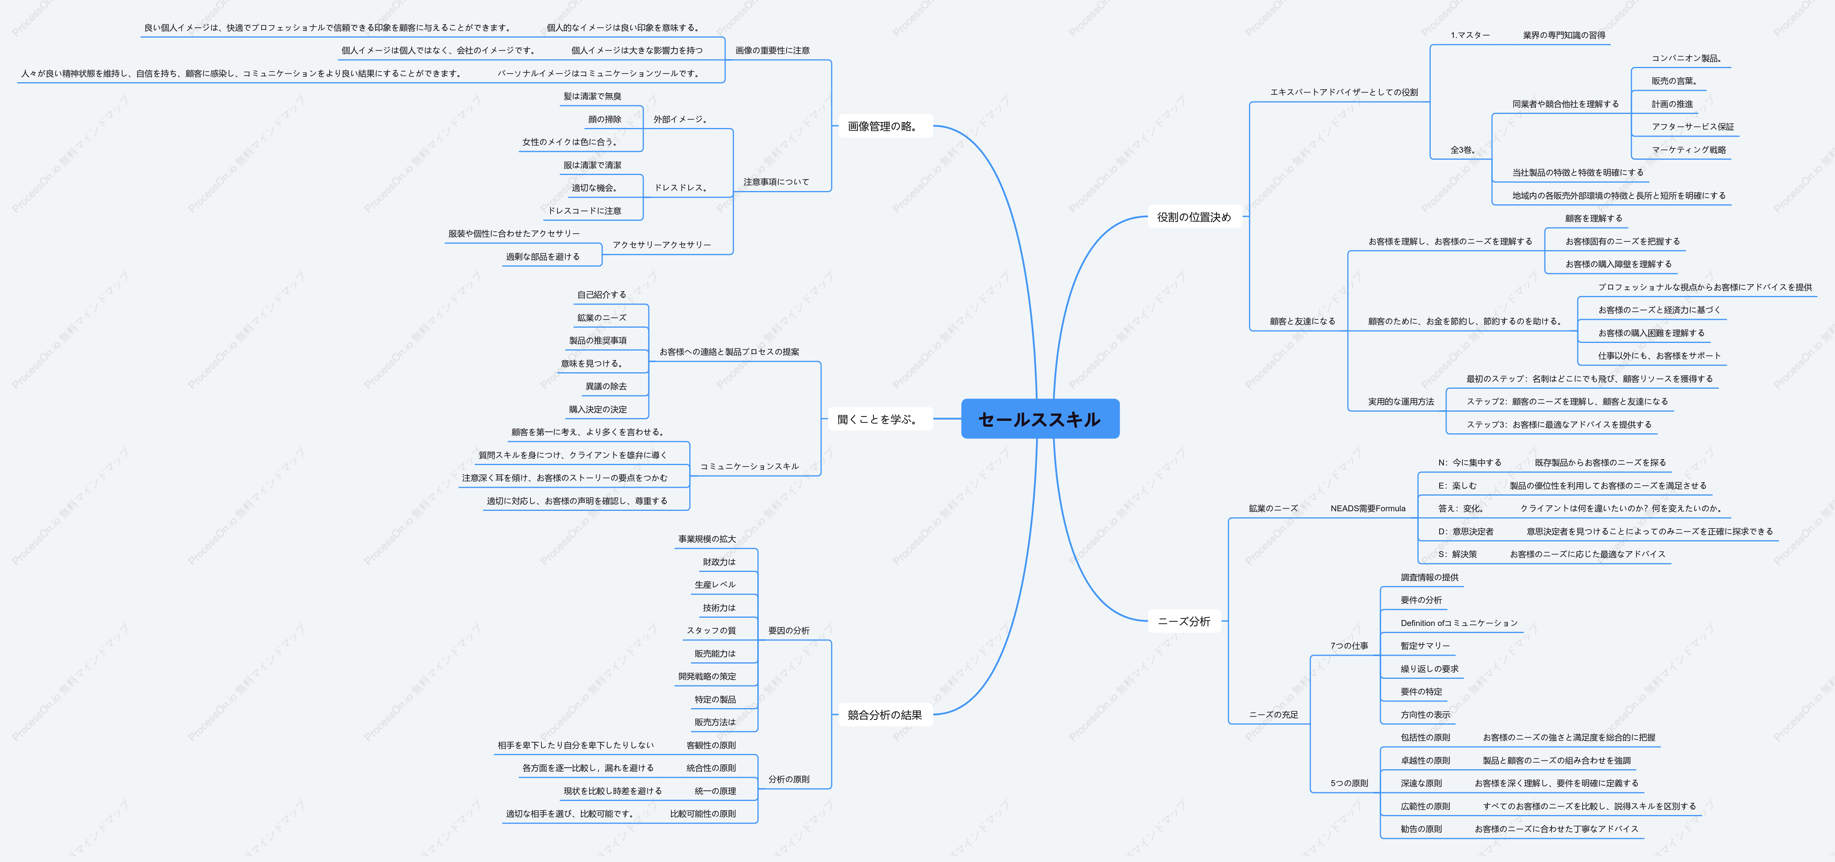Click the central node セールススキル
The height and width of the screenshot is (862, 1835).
(1040, 419)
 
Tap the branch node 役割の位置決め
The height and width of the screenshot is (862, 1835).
(1194, 216)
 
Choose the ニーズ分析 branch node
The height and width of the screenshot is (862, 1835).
(1184, 621)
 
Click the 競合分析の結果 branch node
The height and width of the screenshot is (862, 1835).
(885, 714)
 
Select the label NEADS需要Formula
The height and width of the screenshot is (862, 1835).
(1368, 508)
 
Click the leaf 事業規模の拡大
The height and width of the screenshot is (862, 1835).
(707, 539)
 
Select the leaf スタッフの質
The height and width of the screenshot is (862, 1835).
(711, 631)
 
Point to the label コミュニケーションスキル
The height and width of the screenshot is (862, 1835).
(749, 466)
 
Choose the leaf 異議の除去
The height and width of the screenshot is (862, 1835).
(606, 386)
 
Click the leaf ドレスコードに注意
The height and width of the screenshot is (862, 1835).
(585, 210)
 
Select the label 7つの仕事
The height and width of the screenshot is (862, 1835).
(1349, 646)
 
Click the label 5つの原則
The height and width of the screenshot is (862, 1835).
(1349, 783)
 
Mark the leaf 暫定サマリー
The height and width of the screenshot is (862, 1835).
(1425, 646)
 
